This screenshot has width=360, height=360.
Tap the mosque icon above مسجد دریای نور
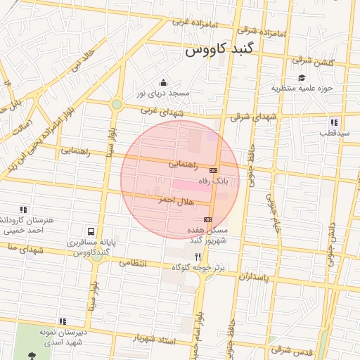pyautogui.click(x=164, y=83)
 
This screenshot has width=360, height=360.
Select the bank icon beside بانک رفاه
pyautogui.click(x=214, y=170)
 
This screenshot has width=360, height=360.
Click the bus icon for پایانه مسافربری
pyautogui.click(x=91, y=231)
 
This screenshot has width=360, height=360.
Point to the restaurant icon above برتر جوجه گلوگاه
pyautogui.click(x=198, y=257)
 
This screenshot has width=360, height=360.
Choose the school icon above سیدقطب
pyautogui.click(x=333, y=122)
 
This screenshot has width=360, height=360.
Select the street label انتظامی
pyautogui.click(x=132, y=263)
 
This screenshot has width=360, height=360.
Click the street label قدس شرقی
pyautogui.click(x=290, y=349)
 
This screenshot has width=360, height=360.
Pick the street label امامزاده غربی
pyautogui.click(x=191, y=22)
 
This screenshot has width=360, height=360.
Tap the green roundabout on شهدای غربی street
pyautogui.click(x=117, y=105)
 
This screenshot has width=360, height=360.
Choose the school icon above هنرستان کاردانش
pyautogui.click(x=24, y=209)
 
